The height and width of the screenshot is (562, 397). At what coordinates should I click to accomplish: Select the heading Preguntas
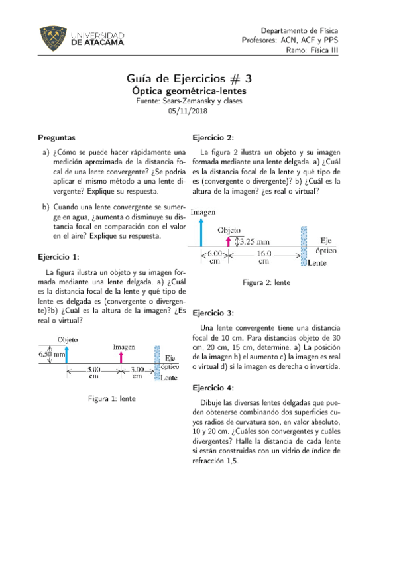56,139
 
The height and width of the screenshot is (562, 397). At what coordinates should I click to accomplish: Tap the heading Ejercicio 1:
58,256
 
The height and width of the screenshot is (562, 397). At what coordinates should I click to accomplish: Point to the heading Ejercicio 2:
212,137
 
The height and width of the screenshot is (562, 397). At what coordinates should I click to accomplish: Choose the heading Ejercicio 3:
212,313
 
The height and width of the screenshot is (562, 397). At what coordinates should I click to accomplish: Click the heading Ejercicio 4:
212,388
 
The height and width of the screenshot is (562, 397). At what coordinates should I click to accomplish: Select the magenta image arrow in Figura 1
121,358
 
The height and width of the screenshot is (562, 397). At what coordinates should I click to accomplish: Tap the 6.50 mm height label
52,355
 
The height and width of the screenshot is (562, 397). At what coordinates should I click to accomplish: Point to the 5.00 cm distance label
93,372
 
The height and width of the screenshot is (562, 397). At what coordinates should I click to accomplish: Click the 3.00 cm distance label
137,372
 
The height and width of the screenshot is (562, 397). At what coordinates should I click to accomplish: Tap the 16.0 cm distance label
264,257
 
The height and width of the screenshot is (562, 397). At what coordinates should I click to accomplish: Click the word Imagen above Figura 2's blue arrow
203,213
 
